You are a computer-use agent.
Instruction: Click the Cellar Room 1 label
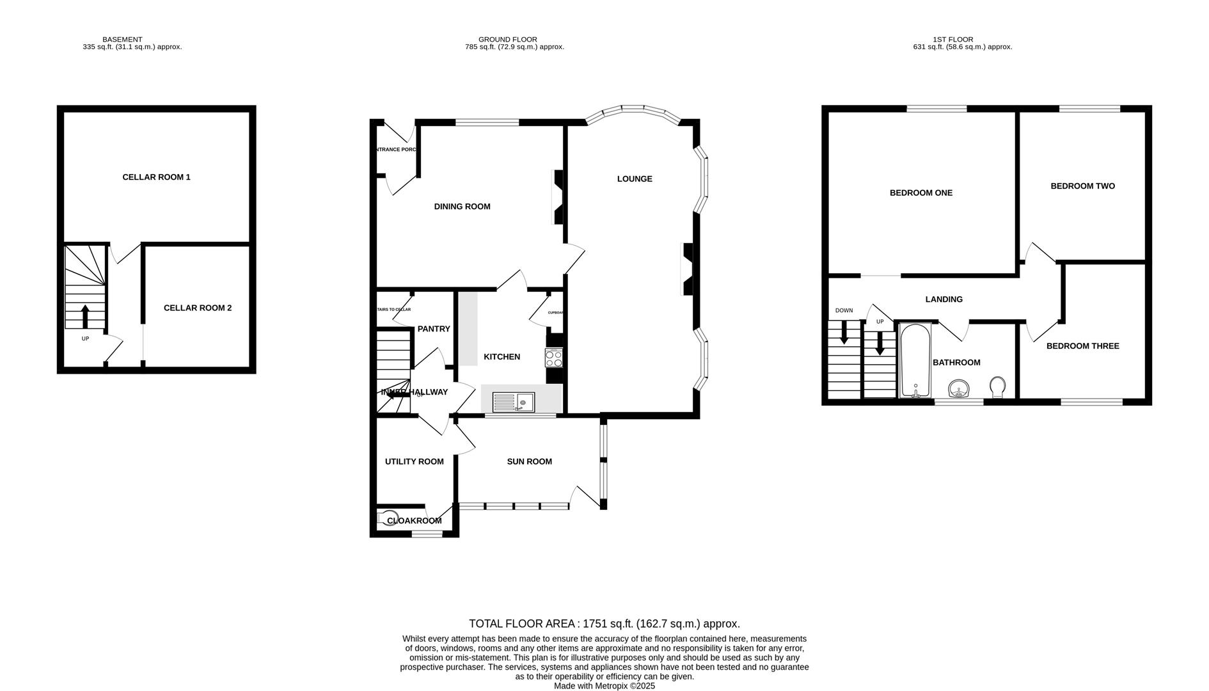click(156, 177)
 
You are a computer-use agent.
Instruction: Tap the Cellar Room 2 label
click(198, 308)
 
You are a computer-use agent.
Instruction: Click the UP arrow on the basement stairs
click(85, 317)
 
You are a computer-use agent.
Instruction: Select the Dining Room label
click(462, 207)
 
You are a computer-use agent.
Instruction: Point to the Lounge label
click(635, 179)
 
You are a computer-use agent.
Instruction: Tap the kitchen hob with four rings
click(554, 358)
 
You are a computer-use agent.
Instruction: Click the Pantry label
click(434, 329)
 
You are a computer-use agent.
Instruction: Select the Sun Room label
click(529, 461)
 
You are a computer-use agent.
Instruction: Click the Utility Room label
click(414, 461)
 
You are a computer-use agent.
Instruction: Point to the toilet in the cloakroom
click(388, 517)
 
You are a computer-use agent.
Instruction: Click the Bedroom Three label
click(1082, 346)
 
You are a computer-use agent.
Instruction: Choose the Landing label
click(944, 299)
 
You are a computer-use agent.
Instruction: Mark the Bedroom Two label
click(1082, 186)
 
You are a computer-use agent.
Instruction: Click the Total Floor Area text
click(604, 623)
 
